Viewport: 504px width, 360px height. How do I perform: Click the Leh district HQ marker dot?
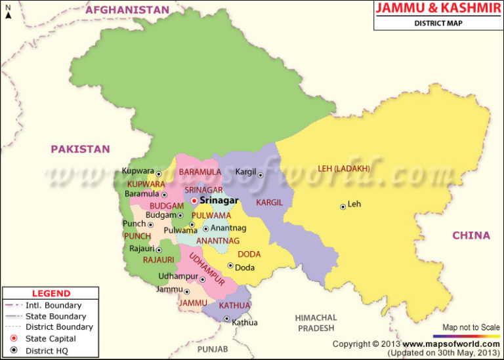click(343, 207)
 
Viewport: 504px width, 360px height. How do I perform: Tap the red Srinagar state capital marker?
click(194, 201)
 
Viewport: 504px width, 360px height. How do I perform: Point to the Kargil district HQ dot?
click(261, 175)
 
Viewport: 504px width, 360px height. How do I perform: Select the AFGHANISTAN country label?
click(127, 10)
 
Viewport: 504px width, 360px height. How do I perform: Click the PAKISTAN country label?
click(80, 149)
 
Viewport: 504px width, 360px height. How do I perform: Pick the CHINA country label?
click(471, 235)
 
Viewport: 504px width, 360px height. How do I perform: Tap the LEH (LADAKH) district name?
click(344, 169)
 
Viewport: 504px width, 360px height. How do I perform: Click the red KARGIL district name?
click(270, 203)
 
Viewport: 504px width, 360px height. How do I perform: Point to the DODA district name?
click(249, 254)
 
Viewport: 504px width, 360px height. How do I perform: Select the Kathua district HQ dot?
click(226, 319)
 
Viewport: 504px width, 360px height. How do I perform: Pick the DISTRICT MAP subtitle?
click(438, 24)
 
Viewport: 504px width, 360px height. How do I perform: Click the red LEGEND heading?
click(51, 293)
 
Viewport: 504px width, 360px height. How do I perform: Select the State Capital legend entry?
click(51, 338)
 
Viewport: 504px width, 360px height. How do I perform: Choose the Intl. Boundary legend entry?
click(53, 305)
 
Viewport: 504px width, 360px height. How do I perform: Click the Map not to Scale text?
click(471, 327)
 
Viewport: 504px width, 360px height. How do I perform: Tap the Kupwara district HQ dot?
click(159, 174)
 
